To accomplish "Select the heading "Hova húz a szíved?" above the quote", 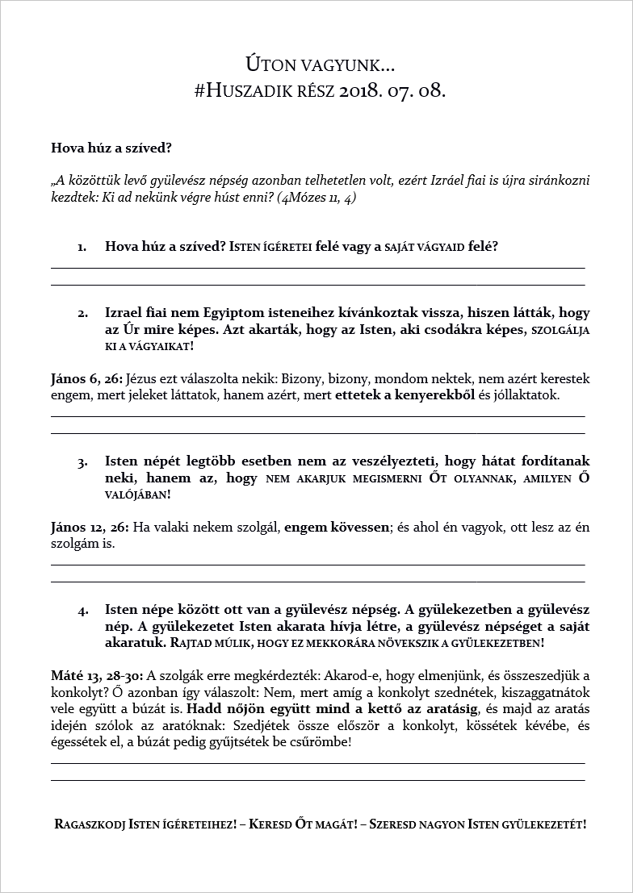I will pos(111,148).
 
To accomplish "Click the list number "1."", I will pos(82,247).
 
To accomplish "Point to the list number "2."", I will pos(82,313).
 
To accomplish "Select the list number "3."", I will pos(82,462).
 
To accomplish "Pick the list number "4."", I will pos(82,611).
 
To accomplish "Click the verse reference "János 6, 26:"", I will pos(86,379).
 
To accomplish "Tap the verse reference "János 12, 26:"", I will pos(89,528).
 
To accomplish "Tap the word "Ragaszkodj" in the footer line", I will pos(90,825).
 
